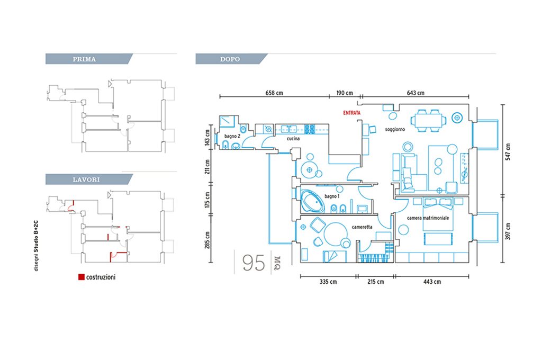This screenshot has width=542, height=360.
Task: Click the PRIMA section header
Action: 84,59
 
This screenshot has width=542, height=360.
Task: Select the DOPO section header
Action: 230,59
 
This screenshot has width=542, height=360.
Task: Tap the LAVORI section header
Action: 86,180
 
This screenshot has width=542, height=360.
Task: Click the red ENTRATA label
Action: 351,113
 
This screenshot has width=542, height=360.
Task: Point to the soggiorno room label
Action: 395,129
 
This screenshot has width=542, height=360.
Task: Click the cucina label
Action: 293,139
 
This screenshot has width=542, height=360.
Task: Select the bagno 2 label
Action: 232,136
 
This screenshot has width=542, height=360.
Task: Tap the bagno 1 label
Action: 332,196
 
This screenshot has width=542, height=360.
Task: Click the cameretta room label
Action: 362,227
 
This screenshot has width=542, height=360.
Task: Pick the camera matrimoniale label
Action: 428,218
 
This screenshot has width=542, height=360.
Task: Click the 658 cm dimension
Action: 274,93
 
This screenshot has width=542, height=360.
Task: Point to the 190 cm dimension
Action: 345,93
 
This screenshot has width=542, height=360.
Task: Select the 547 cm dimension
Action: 508,152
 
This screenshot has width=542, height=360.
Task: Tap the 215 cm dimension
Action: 375,282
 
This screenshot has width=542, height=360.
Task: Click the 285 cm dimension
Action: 207,240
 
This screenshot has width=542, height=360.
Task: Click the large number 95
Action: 254,263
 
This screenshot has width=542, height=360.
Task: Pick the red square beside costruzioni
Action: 82,277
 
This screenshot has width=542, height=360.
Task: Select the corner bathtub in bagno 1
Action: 313,201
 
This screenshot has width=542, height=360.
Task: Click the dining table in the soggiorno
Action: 429,121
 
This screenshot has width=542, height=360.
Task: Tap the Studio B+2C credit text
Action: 37,246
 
